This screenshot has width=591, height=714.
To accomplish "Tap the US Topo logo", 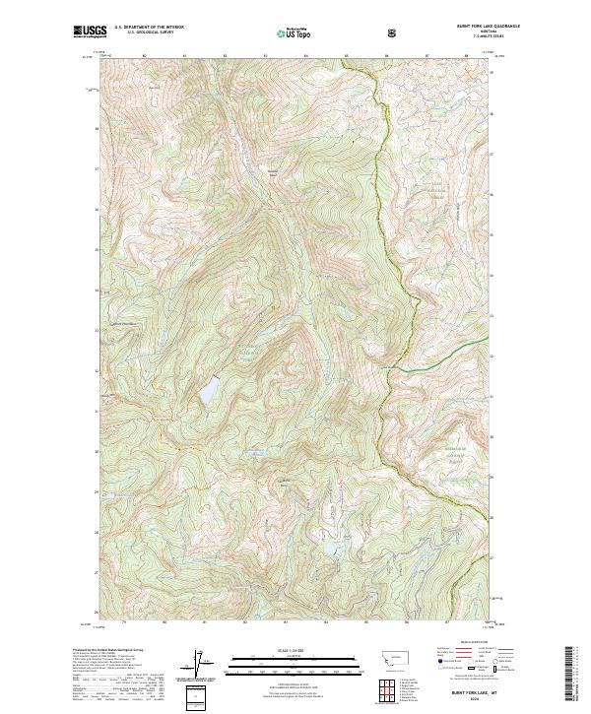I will pyautogui.click(x=290, y=32).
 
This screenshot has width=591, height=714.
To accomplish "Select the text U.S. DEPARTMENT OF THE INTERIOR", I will pyautogui.click(x=149, y=29).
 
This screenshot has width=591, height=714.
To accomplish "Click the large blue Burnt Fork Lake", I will pyautogui.click(x=209, y=391).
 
